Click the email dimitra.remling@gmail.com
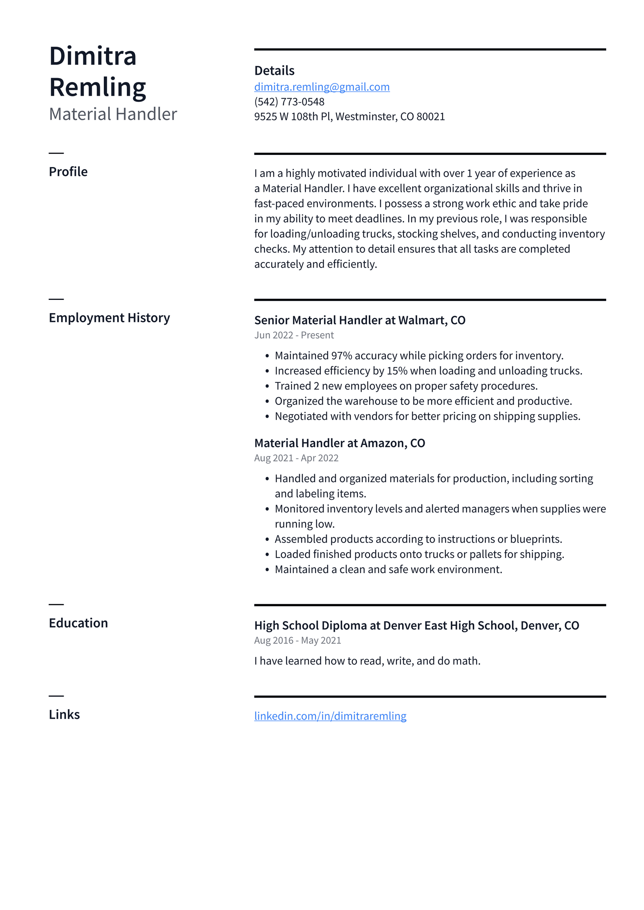[x=322, y=87]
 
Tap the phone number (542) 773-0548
[x=289, y=102]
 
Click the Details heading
[x=274, y=71]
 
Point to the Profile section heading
[x=68, y=172]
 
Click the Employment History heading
[x=109, y=318]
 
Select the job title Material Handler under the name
[x=113, y=114]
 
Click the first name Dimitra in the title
[x=93, y=56]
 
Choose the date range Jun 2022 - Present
[x=294, y=335]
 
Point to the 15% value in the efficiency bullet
[x=397, y=371]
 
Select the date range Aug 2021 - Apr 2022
[x=296, y=458]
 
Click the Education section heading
[x=78, y=623]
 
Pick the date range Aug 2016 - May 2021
[x=297, y=640]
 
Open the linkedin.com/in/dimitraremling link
[x=330, y=716]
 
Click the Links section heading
[x=64, y=715]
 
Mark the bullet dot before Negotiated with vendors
[x=267, y=417]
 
